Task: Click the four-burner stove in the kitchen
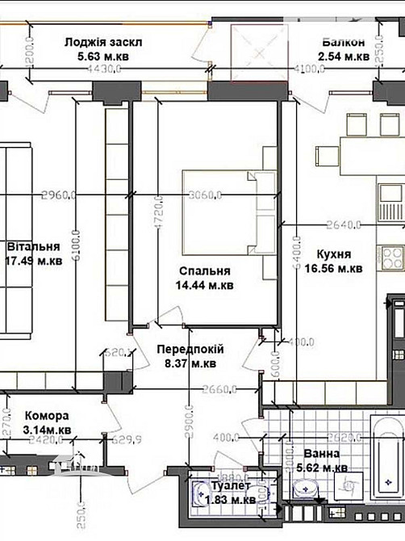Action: click(395, 259)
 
